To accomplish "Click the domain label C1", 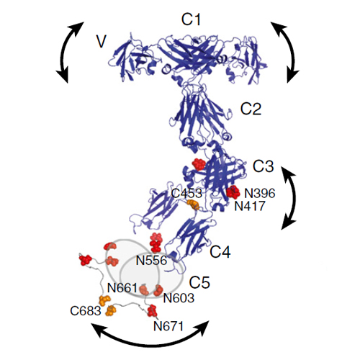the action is point(191,19).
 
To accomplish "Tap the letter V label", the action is point(101,42).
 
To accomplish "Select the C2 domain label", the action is point(251,109).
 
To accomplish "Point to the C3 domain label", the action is point(264,166).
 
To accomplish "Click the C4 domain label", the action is point(220,252).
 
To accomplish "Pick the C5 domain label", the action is point(199,282).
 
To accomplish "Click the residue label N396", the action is point(260,193).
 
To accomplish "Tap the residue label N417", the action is point(250,206).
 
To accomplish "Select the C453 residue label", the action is point(186,193).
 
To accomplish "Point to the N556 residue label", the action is point(151,260).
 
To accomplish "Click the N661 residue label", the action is point(122,287).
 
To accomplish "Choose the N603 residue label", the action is point(179,298).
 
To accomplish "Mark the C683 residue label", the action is point(86,311).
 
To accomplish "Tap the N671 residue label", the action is point(168,326).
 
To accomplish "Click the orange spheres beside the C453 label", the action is point(193,205).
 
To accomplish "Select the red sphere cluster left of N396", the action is point(233,192).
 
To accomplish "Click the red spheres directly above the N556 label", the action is point(156,243).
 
